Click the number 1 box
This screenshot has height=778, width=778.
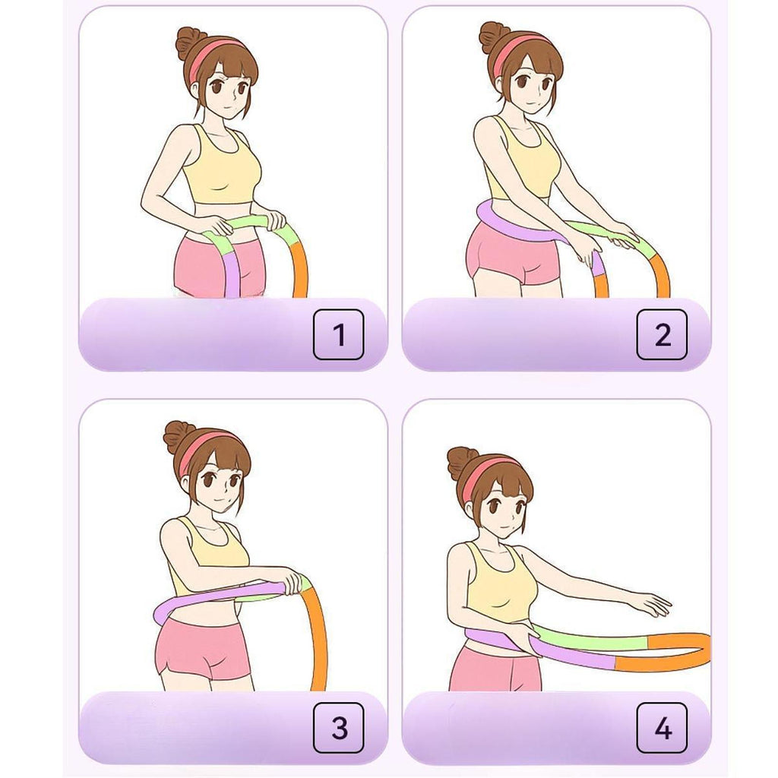point(338,334)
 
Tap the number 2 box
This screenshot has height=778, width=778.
point(662,334)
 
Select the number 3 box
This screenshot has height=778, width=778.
point(338,727)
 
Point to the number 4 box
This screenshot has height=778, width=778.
point(662,727)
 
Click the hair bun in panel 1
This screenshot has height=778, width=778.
point(190,43)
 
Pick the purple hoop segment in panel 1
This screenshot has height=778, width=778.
point(231,275)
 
